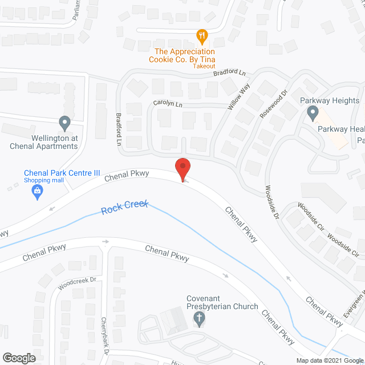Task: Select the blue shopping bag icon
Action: tap(38, 191)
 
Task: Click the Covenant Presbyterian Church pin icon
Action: tap(199, 321)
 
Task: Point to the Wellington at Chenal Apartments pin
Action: tap(64, 123)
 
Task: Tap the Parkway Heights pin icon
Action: tap(313, 114)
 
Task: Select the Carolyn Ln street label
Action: tap(167, 104)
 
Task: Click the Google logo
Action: tap(19, 358)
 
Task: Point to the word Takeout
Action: tap(204, 67)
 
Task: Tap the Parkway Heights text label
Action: tap(330, 101)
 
